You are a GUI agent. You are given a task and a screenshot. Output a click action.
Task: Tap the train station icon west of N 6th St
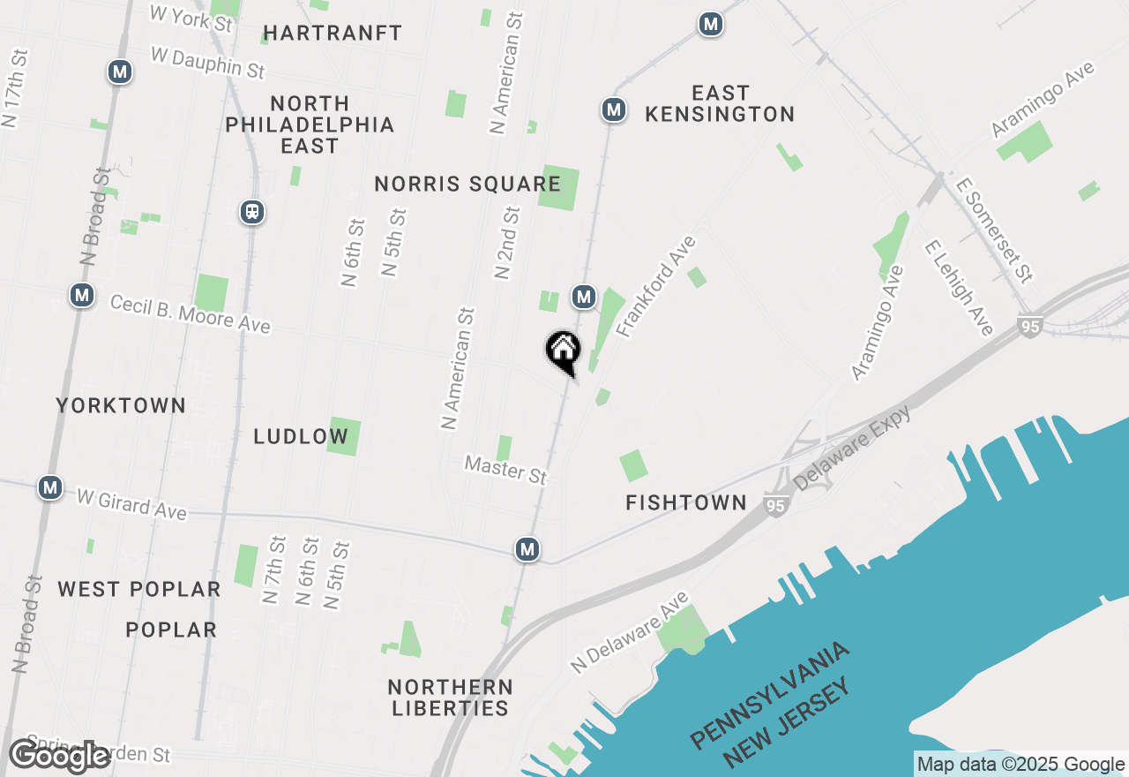coord(252,212)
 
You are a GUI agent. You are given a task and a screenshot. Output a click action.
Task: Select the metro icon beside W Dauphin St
coord(120,72)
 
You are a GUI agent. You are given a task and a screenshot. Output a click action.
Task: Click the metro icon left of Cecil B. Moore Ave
coord(82,295)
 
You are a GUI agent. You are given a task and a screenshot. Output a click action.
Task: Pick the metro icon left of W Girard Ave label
coord(50,487)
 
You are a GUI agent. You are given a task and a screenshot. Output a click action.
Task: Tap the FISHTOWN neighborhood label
coord(686,502)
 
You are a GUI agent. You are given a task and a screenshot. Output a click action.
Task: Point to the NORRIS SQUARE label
coord(467,184)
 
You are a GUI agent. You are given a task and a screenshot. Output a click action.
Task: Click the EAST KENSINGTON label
coord(720,103)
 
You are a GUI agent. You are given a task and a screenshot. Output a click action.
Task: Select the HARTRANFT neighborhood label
coord(333,34)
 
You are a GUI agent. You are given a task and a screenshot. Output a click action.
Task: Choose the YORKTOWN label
coord(121,405)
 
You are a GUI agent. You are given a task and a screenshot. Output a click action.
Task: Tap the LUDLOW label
coord(301,436)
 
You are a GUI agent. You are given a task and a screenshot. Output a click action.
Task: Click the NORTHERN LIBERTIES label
coord(451,698)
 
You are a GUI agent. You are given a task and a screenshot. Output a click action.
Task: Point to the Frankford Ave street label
coord(656,286)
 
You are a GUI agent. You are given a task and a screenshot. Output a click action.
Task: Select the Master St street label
coord(505,469)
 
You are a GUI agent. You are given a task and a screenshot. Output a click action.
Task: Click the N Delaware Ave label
coord(628,633)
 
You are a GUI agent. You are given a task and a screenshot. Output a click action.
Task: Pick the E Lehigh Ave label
coord(959,286)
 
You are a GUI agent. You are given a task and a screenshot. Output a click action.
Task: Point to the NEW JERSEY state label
coord(788,724)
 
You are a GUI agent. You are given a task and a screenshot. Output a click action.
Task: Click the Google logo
coord(59,757)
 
